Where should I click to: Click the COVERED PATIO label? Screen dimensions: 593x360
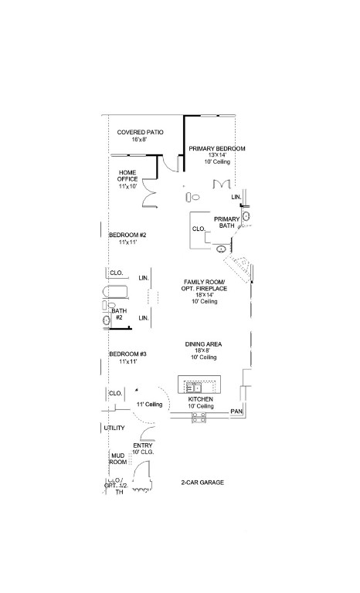[140, 132]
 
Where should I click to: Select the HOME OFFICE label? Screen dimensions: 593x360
[127, 179]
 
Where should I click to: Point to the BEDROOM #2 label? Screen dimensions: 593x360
[127, 235]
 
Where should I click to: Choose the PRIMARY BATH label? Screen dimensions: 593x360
[227, 222]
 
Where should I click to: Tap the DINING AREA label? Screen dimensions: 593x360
[205, 344]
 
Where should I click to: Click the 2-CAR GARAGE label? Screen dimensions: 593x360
[202, 483]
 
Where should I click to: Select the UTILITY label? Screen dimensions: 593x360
[114, 428]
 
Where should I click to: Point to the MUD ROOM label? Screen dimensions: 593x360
[117, 459]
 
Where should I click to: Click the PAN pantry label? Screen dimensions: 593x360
[236, 413]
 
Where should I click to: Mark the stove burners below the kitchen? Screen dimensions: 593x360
[199, 417]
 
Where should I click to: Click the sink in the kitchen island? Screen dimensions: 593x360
[192, 385]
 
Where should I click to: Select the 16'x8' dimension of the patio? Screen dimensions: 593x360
[139, 140]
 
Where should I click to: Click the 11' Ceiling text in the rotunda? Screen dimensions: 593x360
[149, 405]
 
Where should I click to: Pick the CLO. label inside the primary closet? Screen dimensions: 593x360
[198, 229]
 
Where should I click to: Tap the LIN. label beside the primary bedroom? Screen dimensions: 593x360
[236, 198]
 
